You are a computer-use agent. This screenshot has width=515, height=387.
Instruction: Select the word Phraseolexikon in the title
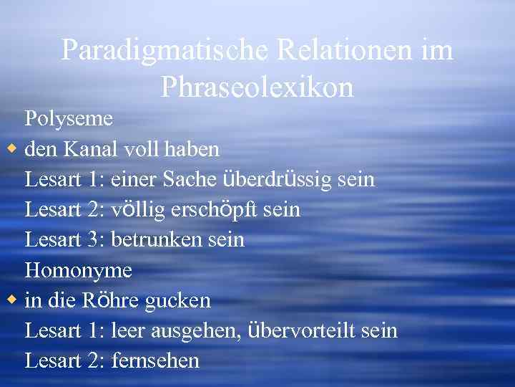(257, 87)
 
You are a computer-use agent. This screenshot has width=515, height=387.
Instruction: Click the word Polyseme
(69, 119)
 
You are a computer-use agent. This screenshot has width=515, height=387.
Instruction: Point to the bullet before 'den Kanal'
(11, 148)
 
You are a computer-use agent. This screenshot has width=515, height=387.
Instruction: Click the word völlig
(135, 209)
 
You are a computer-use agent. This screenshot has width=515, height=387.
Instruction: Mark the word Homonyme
(79, 271)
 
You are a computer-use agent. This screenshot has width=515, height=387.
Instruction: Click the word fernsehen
(155, 360)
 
